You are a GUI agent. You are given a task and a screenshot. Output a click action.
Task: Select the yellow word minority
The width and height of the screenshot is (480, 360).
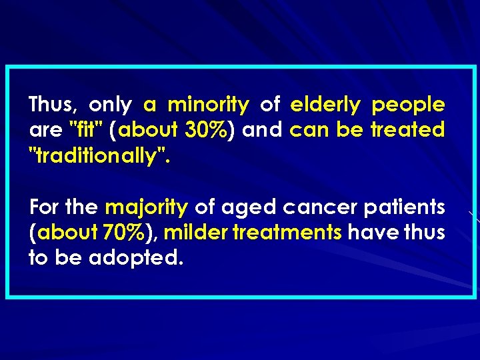[x=208, y=105]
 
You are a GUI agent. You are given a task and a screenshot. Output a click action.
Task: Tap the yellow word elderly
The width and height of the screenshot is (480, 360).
[x=325, y=105]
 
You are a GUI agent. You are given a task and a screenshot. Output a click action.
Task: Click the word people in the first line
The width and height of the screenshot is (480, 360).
[x=408, y=105]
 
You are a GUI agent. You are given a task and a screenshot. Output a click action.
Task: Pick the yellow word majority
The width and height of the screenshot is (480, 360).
[x=147, y=208]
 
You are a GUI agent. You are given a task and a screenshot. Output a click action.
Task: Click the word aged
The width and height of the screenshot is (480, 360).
[x=247, y=208]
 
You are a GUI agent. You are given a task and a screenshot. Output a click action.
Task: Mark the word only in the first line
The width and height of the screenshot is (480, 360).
[x=110, y=105]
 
